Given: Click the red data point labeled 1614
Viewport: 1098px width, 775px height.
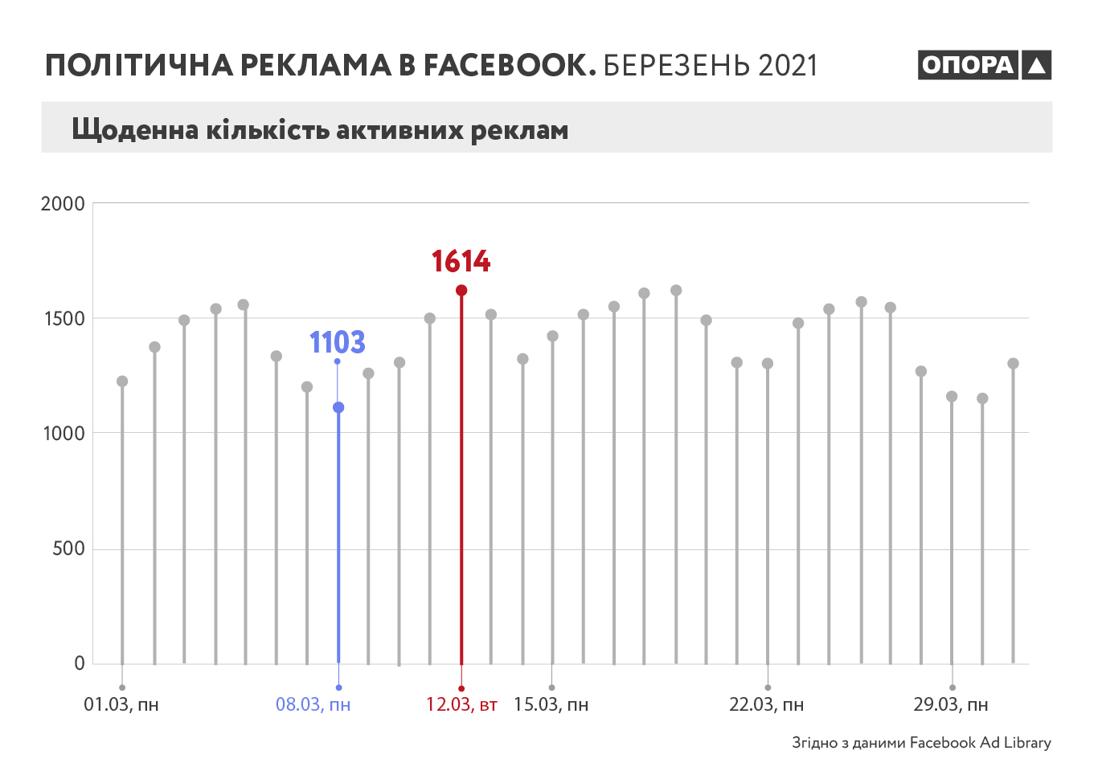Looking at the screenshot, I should click(x=461, y=291).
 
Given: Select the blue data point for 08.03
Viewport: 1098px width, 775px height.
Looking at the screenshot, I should click(x=338, y=408).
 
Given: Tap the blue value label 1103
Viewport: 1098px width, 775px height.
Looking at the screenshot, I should click(x=338, y=343).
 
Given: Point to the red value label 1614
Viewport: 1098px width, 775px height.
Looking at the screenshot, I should click(x=461, y=262).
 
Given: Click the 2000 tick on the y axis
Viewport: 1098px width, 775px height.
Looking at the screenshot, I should click(x=63, y=204).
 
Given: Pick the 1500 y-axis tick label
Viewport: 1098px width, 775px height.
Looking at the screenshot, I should click(x=64, y=319).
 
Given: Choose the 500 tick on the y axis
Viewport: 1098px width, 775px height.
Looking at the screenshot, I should click(x=68, y=549).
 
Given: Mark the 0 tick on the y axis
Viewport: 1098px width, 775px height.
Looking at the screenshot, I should click(x=80, y=663).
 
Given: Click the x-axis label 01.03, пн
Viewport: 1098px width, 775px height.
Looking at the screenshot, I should click(x=121, y=705).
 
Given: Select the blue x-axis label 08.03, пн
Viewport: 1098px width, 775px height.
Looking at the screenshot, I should click(x=313, y=705).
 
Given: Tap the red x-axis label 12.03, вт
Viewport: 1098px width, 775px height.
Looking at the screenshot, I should click(x=461, y=705).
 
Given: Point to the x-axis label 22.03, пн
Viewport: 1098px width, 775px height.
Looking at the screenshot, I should click(x=766, y=705).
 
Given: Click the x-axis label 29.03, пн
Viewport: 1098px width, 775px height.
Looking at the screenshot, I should click(x=950, y=705).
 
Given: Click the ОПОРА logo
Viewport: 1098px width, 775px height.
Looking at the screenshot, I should click(x=984, y=65).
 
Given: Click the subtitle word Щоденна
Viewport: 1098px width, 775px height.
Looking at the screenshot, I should click(x=135, y=129).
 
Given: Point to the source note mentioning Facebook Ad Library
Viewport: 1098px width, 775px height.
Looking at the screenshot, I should click(x=921, y=743).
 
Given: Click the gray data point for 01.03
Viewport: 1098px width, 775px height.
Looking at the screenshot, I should click(x=122, y=381).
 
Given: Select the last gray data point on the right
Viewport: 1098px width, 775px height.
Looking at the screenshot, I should click(x=1013, y=364).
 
